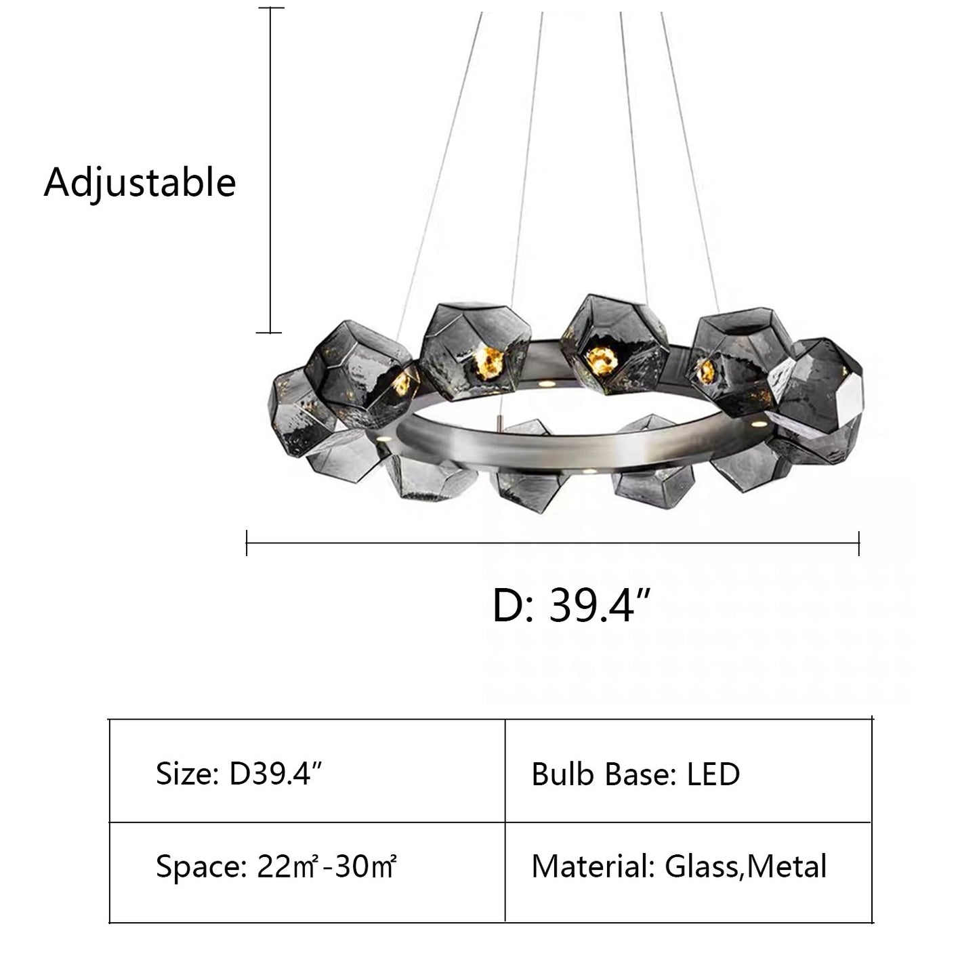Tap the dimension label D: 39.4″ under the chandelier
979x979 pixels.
click(x=572, y=606)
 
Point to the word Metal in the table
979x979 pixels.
click(x=787, y=867)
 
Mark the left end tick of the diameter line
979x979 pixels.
click(x=247, y=543)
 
